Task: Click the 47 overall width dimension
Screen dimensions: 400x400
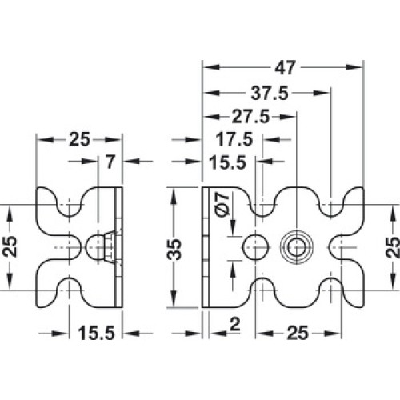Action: tap(285, 67)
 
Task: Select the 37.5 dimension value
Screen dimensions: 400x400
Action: tap(270, 94)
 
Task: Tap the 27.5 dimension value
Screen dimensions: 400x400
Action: tap(250, 116)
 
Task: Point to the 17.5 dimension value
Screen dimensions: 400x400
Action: tap(234, 139)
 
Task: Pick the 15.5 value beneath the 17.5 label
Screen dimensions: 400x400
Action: tap(227, 162)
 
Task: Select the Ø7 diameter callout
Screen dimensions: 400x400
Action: tap(223, 204)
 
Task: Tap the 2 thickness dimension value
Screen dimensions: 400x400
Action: tap(234, 325)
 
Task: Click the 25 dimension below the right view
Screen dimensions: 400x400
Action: tap(298, 333)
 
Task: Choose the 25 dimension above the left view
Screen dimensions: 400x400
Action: tap(79, 139)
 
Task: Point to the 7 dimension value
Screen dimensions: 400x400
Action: tap(110, 162)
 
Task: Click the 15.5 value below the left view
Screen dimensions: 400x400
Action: tap(96, 333)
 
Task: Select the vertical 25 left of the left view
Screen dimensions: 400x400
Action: tap(10, 246)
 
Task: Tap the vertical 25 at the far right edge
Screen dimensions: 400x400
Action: tap(393, 247)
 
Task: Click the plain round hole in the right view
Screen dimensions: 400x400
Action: tap(256, 247)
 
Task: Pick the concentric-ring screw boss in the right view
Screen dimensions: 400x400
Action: tap(297, 247)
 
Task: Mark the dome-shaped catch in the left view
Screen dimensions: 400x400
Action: tap(94, 247)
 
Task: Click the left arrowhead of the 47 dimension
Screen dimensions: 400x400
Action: tap(211, 67)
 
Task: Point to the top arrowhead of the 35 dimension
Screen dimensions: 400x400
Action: tap(174, 197)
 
